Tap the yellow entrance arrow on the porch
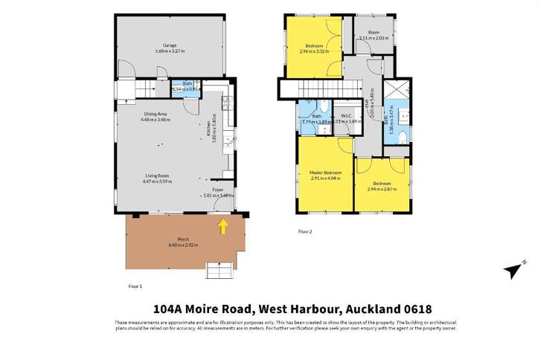(222, 225)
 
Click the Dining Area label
(155, 113)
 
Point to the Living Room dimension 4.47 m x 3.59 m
(157, 181)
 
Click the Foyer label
(217, 190)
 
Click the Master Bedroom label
(324, 173)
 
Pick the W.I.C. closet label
(347, 116)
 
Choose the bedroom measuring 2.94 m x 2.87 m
(382, 185)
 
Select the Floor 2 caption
(305, 231)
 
